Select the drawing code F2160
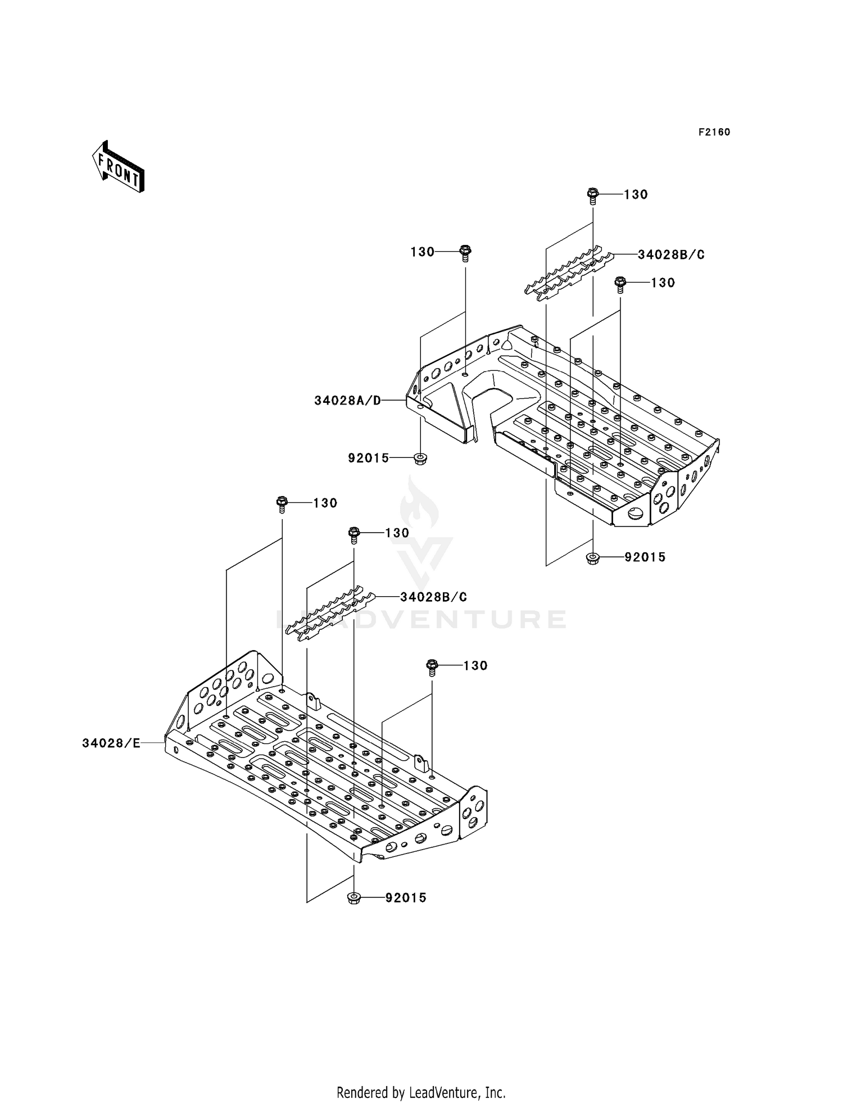pyautogui.click(x=714, y=132)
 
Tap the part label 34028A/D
pyautogui.click(x=347, y=401)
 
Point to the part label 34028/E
pyautogui.click(x=111, y=743)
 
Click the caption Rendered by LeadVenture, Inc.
pyautogui.click(x=421, y=1077)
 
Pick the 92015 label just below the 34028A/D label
pyautogui.click(x=369, y=458)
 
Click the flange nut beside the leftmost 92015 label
pyautogui.click(x=419, y=459)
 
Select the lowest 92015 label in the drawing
pyautogui.click(x=406, y=898)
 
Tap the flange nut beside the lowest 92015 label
pyautogui.click(x=354, y=897)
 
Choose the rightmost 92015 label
pyautogui.click(x=645, y=557)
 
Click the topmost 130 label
pyautogui.click(x=636, y=194)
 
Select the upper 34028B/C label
pyautogui.click(x=671, y=255)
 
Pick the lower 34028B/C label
pyautogui.click(x=433, y=597)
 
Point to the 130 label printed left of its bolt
pyautogui.click(x=423, y=252)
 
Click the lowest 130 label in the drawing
pyautogui.click(x=475, y=665)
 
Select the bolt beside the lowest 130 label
pyautogui.click(x=432, y=666)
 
